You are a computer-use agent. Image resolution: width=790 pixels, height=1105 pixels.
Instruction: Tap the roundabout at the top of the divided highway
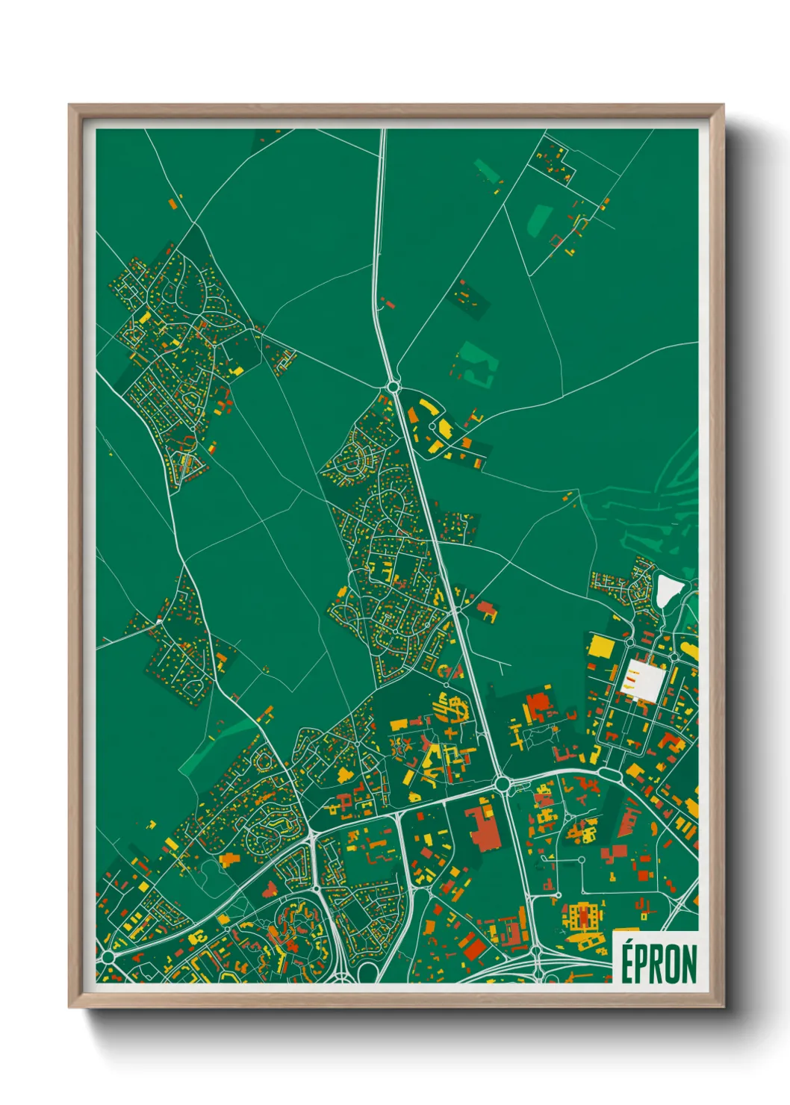coord(393,386)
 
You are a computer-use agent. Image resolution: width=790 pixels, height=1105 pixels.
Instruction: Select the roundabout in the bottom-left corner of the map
coord(108,956)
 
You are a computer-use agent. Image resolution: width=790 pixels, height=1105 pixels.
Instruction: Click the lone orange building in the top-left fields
coord(172,202)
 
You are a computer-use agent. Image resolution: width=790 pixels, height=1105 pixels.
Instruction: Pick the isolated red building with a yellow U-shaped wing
coord(486,609)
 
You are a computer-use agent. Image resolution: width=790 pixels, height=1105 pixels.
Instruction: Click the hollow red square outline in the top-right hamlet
coord(556,240)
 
